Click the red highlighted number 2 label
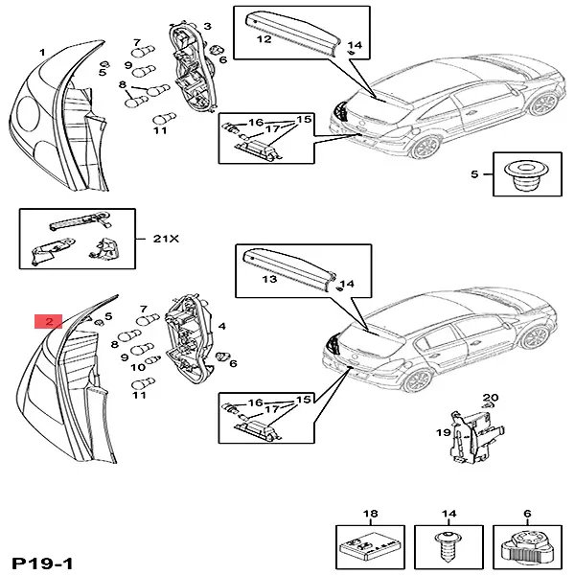point(48,321)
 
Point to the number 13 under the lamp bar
point(269,279)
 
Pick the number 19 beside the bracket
point(444,432)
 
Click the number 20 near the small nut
point(492,397)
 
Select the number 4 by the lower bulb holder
point(221,326)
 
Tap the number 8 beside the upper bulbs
point(123,85)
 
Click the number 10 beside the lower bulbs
point(138,366)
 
